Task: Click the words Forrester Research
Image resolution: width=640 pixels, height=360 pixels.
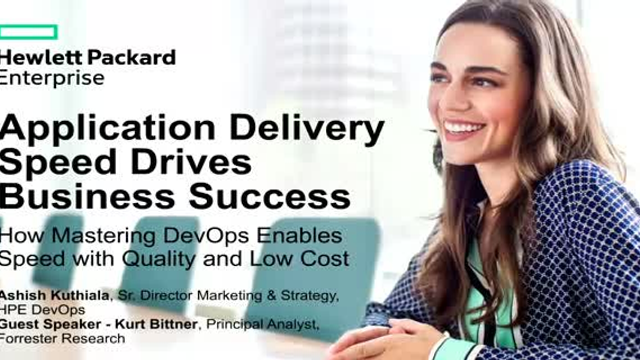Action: pyautogui.click(x=64, y=339)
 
